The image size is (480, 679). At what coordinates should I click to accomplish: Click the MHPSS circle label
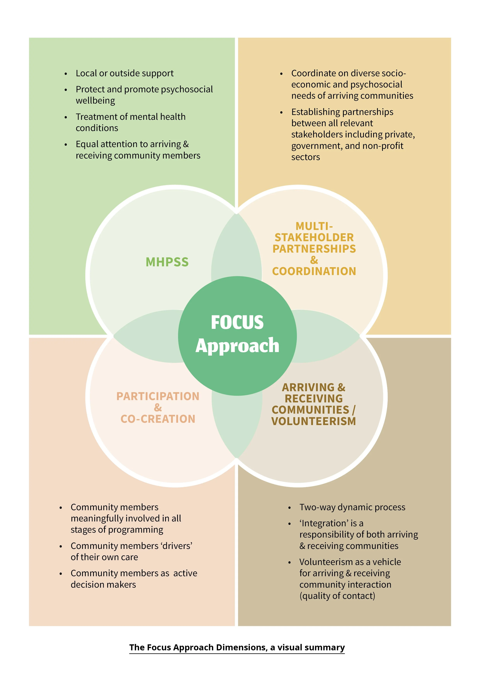click(167, 262)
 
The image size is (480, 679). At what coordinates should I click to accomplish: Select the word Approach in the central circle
click(237, 346)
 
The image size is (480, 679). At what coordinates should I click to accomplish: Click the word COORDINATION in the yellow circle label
click(314, 271)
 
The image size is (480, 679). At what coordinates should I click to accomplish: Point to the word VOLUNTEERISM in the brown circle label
click(314, 421)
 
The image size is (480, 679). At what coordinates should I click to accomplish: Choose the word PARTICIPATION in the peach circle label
click(158, 396)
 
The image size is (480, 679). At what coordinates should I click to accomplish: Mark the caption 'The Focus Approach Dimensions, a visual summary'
click(237, 647)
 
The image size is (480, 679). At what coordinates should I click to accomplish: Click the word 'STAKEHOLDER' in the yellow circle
click(314, 237)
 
